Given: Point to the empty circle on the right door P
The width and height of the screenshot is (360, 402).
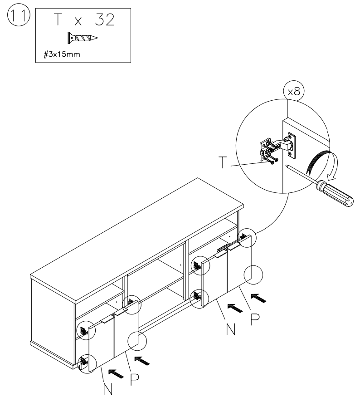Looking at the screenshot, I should coord(253,275).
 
